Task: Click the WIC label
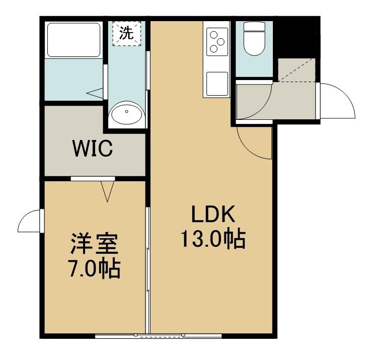pyautogui.click(x=93, y=149)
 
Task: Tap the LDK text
pyautogui.click(x=213, y=214)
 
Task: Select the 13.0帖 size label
pyautogui.click(x=213, y=238)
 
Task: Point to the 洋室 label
pyautogui.click(x=94, y=244)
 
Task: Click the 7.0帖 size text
pyautogui.click(x=94, y=269)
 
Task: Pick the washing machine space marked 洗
pyautogui.click(x=127, y=33)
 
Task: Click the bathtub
pyautogui.click(x=73, y=40)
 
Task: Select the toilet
pyautogui.click(x=254, y=38)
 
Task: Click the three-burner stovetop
pyautogui.click(x=217, y=42)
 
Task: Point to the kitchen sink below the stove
pyautogui.click(x=217, y=84)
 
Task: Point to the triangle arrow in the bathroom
pyautogui.click(x=95, y=93)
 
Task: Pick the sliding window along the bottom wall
pyautogui.click(x=158, y=169)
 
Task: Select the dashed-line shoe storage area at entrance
pyautogui.click(x=296, y=70)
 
